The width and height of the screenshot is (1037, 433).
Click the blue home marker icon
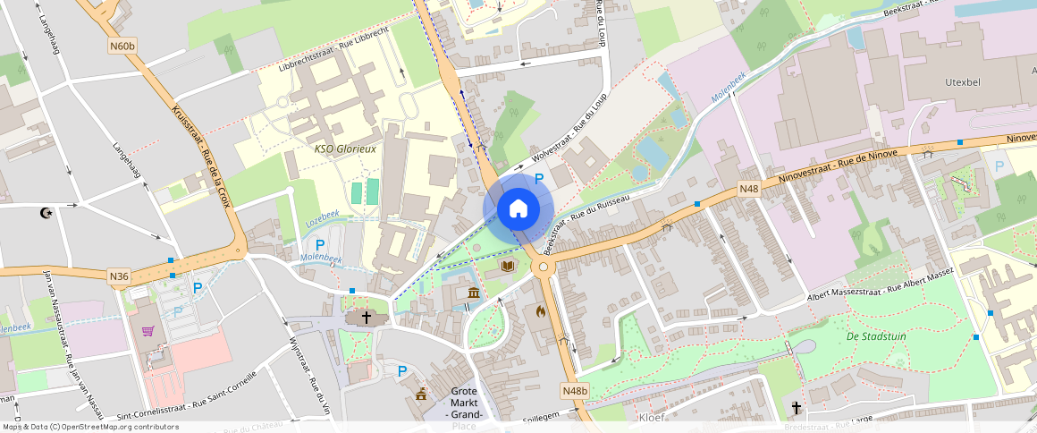point(518,209)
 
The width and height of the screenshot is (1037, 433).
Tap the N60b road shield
point(123,45)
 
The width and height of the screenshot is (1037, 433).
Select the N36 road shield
point(119,276)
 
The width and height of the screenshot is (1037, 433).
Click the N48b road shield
point(576,391)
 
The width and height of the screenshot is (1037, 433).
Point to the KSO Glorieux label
point(345,149)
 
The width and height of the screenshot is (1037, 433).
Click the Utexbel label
point(964,81)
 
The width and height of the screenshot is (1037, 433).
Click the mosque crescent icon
point(47,213)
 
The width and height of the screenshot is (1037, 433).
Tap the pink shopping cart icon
point(148,331)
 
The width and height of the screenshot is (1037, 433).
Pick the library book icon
point(508,266)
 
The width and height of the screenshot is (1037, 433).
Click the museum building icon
point(473,293)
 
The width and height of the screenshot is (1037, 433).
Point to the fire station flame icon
point(540,311)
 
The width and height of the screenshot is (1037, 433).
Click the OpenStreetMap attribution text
point(91,427)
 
